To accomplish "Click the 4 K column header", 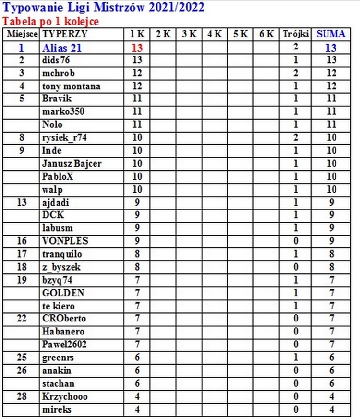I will (215, 34).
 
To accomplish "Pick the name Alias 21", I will (62, 48).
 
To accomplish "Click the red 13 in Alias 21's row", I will (137, 48).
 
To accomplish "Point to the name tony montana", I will (72, 86).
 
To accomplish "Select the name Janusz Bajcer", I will (72, 163).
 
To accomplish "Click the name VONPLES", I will (65, 241).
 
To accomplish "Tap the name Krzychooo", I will (65, 397).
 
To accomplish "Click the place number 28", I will (21, 397).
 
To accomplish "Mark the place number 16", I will (21, 241).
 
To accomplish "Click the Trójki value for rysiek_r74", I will (296, 138).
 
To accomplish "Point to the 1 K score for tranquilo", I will (137, 254).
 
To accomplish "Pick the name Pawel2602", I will (65, 345).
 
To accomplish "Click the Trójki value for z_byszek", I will (296, 267).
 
